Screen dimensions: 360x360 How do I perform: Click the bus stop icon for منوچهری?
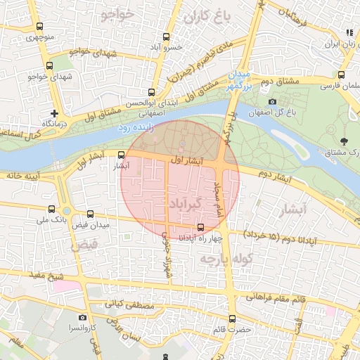pos(39,27)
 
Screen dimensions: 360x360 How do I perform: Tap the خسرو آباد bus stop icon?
pos(167,37)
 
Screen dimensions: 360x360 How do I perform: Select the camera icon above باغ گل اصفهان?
pos(272,102)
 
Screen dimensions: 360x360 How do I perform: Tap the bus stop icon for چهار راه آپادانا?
pos(202,227)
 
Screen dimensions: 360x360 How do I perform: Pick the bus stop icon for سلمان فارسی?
pos(341,75)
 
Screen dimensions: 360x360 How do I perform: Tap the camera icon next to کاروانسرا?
pos(82,318)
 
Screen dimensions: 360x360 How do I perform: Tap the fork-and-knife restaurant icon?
pos(349,32)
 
